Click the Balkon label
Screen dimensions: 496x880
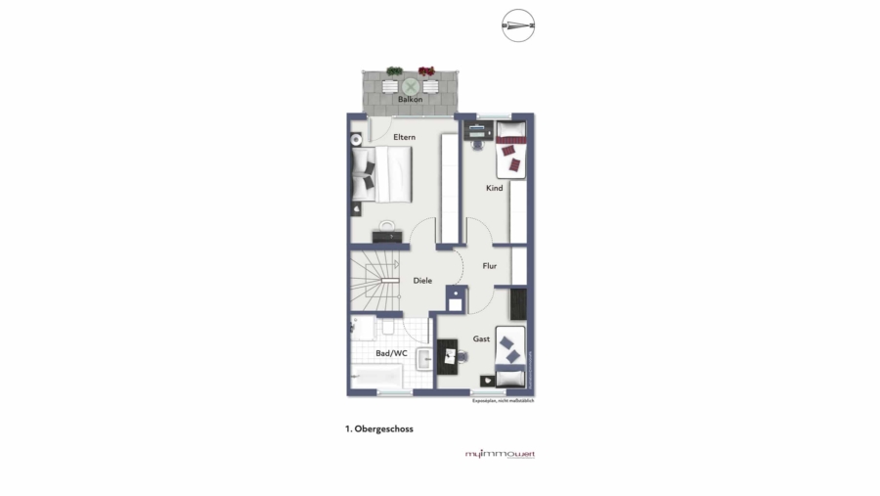click(410, 100)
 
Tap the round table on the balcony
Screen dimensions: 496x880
click(411, 86)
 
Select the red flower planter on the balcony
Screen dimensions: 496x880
click(426, 71)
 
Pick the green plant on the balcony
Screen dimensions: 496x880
click(394, 71)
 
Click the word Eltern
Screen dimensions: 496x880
click(404, 138)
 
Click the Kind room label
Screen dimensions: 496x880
click(495, 188)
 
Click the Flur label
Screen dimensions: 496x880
click(489, 265)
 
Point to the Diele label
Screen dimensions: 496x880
click(422, 281)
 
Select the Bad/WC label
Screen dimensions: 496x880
click(391, 353)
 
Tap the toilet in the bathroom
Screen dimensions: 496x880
click(388, 328)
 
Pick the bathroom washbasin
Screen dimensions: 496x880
click(424, 359)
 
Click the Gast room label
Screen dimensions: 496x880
click(481, 338)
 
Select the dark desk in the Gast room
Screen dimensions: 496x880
click(448, 356)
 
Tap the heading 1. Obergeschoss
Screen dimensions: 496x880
click(378, 428)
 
